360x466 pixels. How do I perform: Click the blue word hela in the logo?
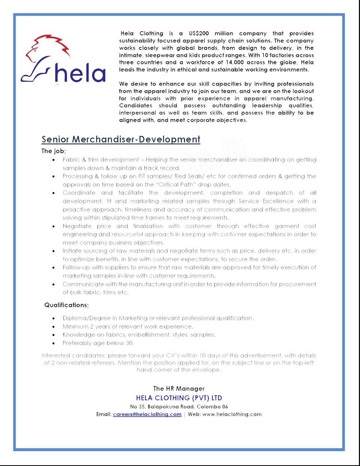point(80,73)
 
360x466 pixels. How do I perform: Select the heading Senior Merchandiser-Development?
point(121,139)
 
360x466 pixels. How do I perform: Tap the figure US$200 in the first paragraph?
point(199,33)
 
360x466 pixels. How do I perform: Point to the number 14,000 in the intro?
point(234,62)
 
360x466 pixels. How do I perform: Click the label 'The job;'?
point(54,151)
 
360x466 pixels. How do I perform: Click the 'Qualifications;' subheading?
point(66,305)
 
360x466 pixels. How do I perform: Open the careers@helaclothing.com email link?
point(147,414)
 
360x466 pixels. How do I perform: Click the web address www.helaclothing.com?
point(232,414)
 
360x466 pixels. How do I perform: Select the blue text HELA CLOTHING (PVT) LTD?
point(179,398)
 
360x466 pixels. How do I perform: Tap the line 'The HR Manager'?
point(179,389)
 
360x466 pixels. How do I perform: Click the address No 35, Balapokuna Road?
point(162,406)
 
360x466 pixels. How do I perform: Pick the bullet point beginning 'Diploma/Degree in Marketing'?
point(158,318)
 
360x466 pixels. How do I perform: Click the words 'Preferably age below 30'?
point(97,343)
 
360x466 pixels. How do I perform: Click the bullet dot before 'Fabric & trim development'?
point(54,160)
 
